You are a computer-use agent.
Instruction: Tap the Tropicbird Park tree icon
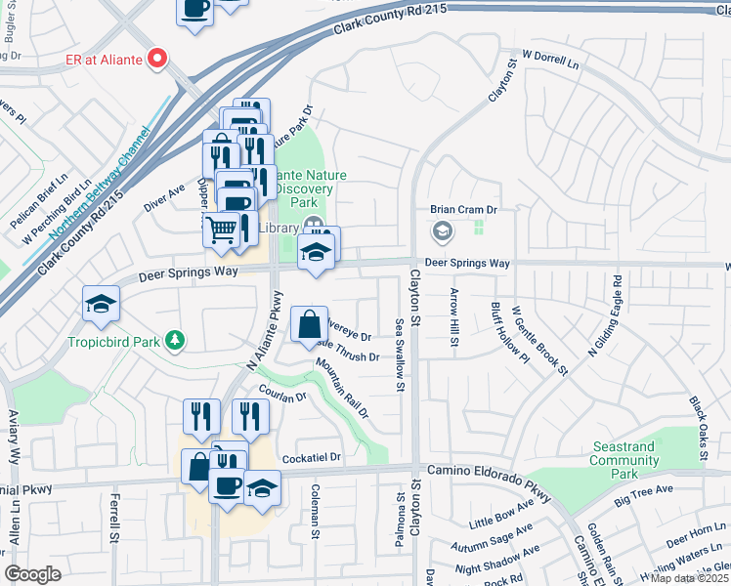click(x=175, y=340)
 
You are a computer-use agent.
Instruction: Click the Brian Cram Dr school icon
click(x=442, y=231)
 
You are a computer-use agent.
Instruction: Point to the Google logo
click(x=32, y=574)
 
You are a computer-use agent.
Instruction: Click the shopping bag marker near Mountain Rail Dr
click(x=309, y=323)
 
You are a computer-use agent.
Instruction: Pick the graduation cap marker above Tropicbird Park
click(x=101, y=305)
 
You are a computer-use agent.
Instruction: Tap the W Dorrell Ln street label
click(x=550, y=60)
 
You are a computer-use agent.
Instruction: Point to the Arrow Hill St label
click(x=453, y=317)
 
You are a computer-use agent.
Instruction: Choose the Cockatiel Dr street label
click(x=312, y=457)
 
